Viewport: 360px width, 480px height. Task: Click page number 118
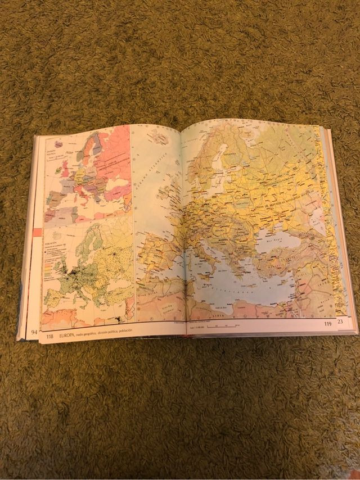49,337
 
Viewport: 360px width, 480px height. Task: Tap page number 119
327,324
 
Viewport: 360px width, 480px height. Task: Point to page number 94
34,332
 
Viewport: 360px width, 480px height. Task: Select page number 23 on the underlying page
339,321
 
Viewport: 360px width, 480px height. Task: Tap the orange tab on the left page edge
38,232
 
